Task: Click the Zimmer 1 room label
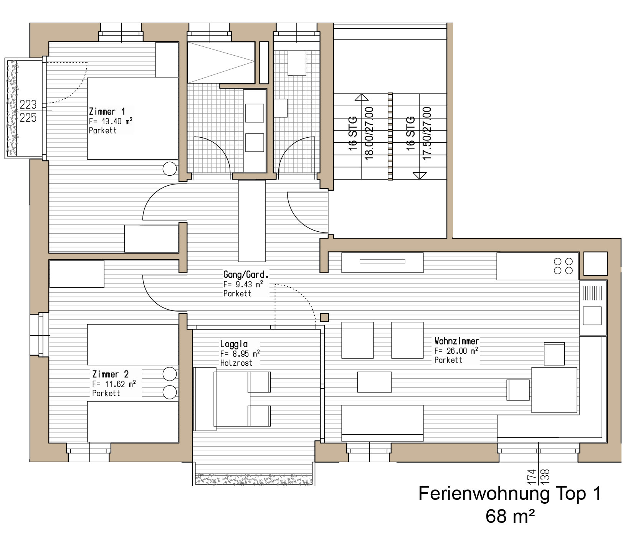click(107, 112)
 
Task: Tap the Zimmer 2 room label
click(110, 374)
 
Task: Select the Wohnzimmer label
click(457, 341)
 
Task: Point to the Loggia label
click(234, 344)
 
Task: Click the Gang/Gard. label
click(246, 275)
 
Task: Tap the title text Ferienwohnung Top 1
click(510, 493)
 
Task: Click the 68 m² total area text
click(510, 516)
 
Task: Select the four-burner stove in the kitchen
click(564, 266)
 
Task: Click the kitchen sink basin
click(592, 316)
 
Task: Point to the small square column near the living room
click(325, 317)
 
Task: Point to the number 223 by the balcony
click(28, 104)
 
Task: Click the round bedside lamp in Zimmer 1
click(170, 168)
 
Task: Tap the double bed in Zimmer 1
click(133, 119)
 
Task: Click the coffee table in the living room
click(375, 382)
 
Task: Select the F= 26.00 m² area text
click(456, 351)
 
